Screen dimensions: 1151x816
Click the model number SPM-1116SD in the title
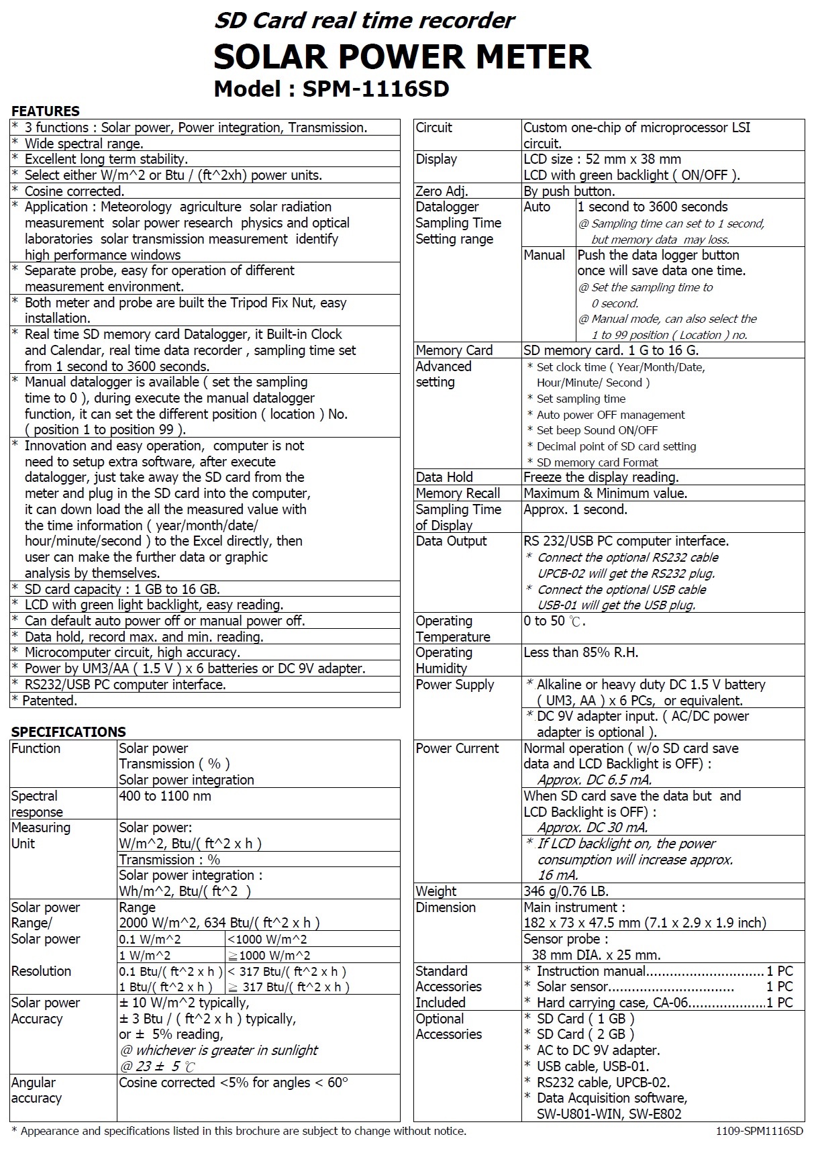pos(375,89)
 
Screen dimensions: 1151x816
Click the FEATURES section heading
pos(46,111)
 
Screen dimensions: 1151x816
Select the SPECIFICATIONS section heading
pos(68,732)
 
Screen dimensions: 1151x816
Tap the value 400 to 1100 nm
pos(165,796)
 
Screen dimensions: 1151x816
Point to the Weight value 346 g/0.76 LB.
pos(566,891)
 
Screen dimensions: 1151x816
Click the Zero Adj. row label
pos(442,191)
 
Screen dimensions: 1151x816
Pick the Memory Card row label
pos(454,350)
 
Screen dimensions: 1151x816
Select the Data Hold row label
pos(444,477)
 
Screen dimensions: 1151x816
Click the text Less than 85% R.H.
pos(580,652)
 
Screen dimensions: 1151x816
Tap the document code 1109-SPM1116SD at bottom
pos(759,1131)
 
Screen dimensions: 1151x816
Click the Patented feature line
pos(50,701)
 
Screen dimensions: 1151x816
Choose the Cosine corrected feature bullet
pos(74,191)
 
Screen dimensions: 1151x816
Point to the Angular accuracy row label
pos(36,1091)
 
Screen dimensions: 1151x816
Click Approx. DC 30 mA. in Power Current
pos(593,828)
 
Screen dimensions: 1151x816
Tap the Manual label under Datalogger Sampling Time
pos(544,255)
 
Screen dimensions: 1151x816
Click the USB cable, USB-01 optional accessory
pos(593,1066)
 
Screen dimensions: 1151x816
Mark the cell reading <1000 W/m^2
pos(267,940)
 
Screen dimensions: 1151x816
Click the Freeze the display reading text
pos(601,477)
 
